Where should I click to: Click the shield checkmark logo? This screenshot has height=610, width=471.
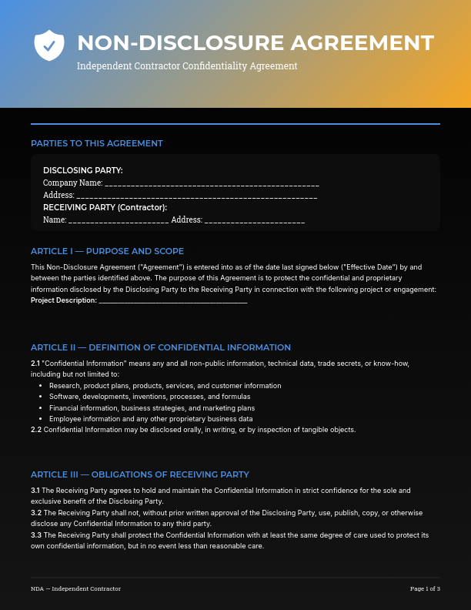(49, 45)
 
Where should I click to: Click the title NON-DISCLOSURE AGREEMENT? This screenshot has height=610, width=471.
(256, 42)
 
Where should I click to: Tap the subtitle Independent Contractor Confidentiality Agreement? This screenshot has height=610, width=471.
(187, 66)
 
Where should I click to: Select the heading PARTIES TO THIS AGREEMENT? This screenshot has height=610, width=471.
(97, 143)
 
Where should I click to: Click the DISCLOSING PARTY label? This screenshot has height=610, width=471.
(83, 170)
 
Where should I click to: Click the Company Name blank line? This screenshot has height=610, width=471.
(212, 184)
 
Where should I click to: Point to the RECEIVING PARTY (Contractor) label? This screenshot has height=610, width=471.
(105, 207)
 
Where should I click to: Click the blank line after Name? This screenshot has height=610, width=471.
(119, 220)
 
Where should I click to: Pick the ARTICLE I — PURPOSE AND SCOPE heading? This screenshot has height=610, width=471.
(107, 251)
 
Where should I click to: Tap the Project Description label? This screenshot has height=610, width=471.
(64, 300)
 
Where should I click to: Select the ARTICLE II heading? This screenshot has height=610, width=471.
(161, 347)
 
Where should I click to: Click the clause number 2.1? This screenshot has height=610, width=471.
(35, 363)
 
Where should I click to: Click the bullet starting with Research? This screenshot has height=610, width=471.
(165, 385)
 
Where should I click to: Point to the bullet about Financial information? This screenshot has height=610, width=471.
(152, 407)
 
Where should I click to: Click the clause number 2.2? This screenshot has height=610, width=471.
(35, 430)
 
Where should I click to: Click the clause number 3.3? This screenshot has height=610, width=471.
(35, 535)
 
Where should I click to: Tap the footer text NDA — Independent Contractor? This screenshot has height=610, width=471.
(75, 589)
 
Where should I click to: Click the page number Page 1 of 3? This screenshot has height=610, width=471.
(425, 589)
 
